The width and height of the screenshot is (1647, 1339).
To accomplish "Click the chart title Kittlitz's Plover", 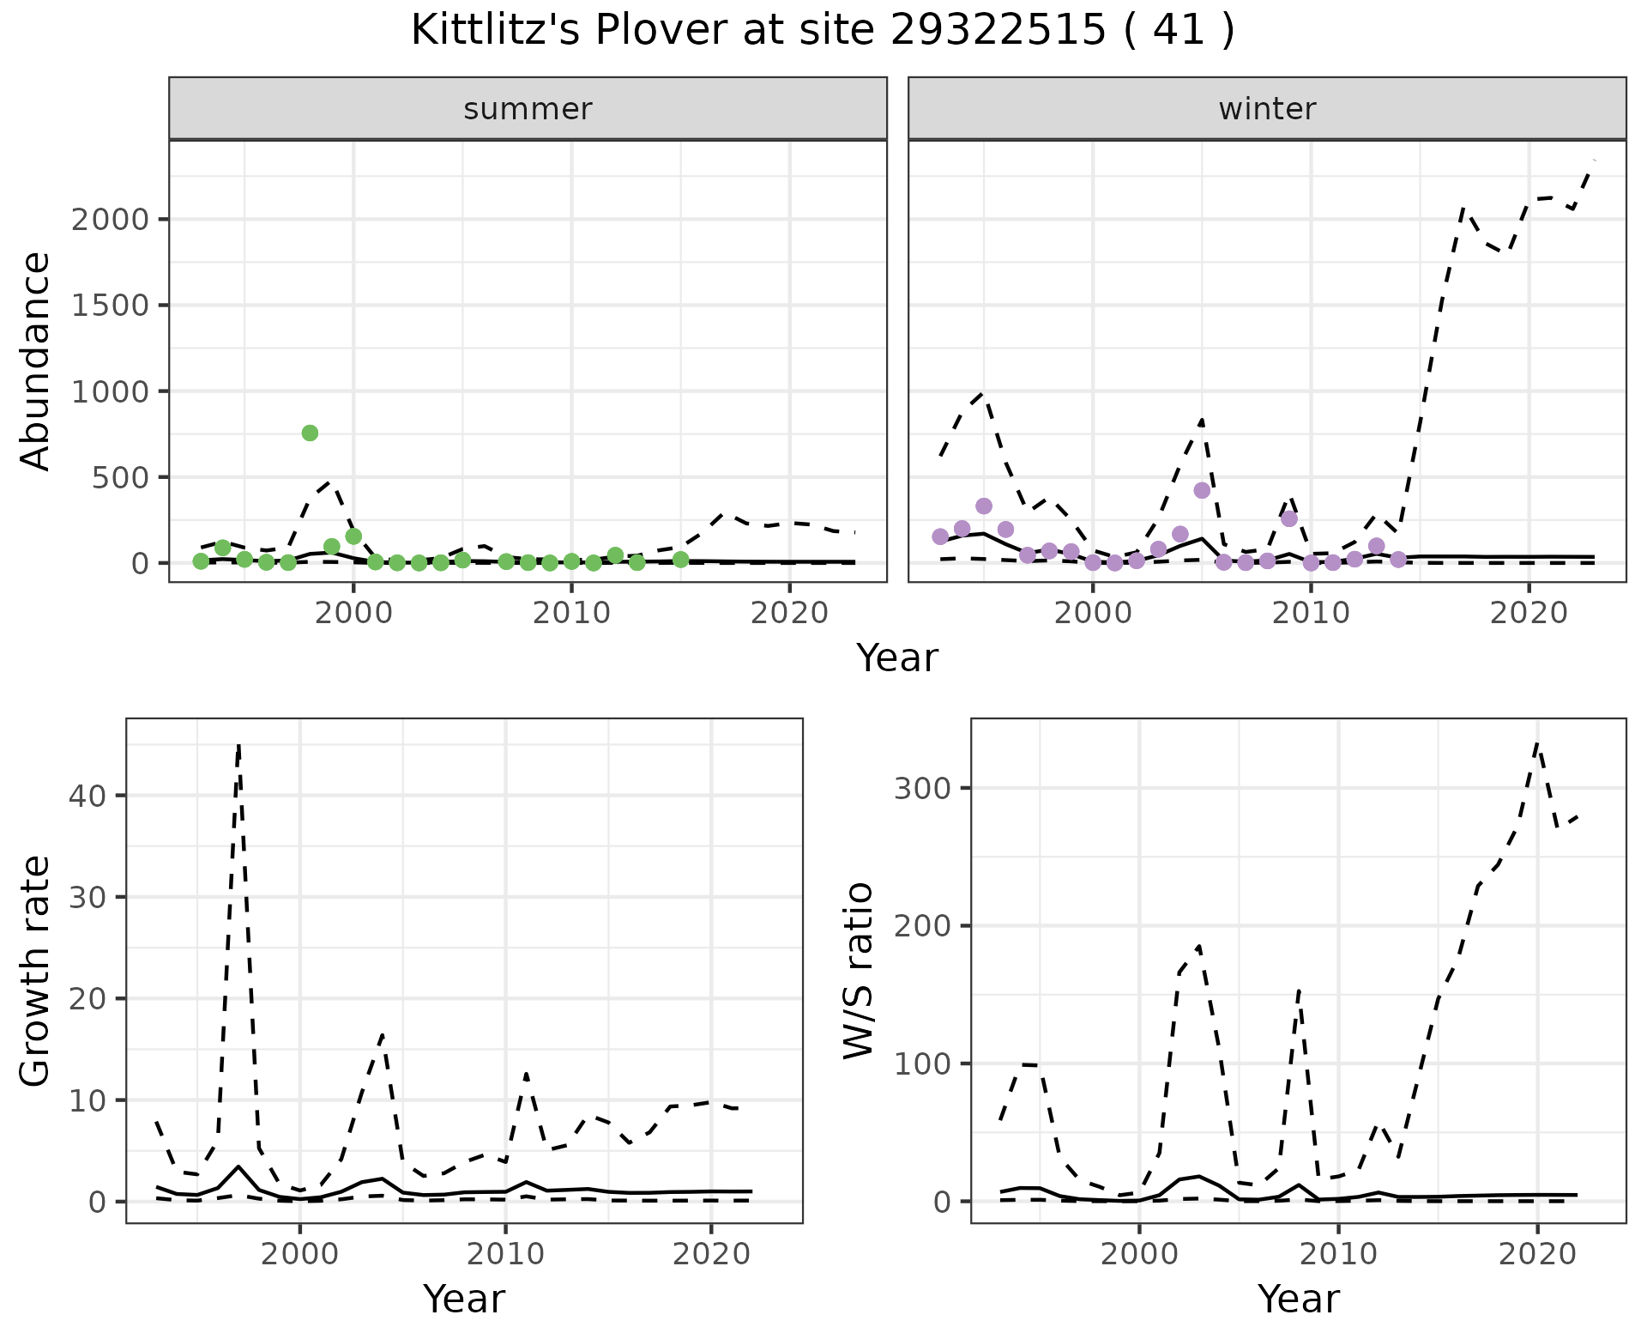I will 822,31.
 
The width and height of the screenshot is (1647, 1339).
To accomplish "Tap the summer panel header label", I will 528,109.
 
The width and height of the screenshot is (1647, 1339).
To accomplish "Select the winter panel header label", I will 1267,109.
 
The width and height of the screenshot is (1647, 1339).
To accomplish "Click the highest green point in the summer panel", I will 310,433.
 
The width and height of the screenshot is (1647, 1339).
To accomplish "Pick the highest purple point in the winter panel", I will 1202,490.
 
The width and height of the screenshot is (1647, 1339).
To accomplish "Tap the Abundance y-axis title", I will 36,360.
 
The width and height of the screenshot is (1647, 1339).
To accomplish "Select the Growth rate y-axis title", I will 36,971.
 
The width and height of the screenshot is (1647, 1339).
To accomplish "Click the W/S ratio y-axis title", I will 859,971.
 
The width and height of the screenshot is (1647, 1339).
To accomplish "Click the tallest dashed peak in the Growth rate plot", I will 238,745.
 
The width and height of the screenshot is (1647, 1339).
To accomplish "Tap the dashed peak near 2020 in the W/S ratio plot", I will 1536,743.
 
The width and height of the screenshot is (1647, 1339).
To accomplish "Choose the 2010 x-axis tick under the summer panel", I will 571,614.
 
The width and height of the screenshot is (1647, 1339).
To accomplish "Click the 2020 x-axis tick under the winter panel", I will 1528,614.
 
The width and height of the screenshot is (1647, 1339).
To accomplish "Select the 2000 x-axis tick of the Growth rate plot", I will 299,1254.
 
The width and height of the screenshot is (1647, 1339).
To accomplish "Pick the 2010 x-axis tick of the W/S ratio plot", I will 1337,1254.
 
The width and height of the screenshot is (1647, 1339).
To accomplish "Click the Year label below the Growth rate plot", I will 464,1299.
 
